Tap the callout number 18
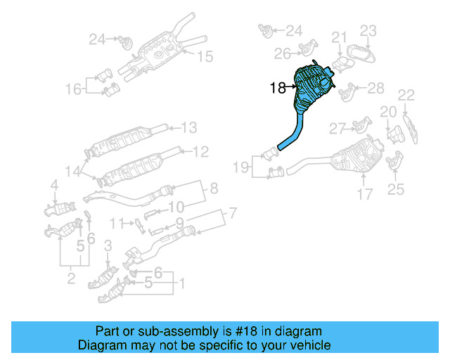278,88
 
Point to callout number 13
189,127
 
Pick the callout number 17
364,194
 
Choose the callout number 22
406,95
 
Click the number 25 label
396,188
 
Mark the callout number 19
241,167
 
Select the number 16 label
74,89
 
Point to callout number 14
73,171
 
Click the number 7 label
232,212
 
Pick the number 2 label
71,280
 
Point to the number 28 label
376,88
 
